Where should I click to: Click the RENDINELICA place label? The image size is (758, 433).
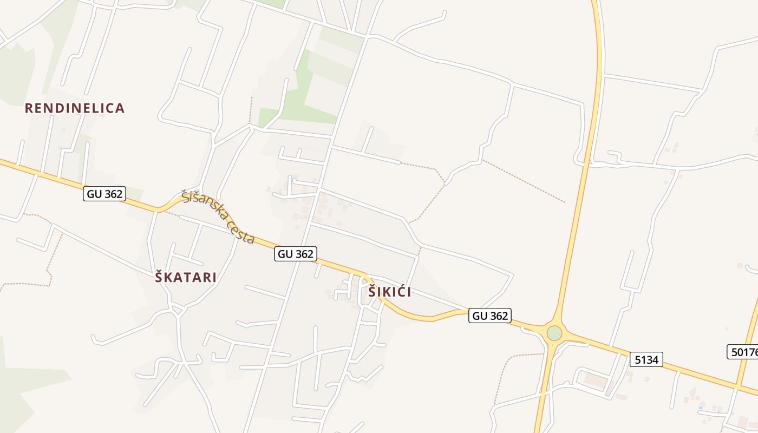75,108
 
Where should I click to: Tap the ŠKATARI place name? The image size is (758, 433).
186,278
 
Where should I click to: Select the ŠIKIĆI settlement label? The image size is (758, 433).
390,292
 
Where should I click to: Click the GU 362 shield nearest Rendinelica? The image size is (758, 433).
104,194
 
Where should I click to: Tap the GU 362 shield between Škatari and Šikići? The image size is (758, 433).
295,254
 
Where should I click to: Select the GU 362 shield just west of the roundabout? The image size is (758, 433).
490,316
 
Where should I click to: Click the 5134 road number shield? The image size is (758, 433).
646,359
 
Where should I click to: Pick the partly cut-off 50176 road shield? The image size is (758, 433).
743,352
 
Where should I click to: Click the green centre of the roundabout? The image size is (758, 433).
554,333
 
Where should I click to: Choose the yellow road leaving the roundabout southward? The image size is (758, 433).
544,390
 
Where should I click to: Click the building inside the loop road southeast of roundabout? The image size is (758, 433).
595,380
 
